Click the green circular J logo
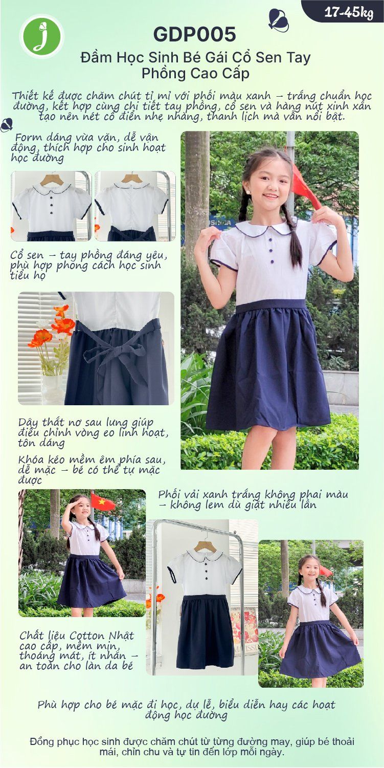point(42,36)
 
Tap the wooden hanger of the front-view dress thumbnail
point(51,180)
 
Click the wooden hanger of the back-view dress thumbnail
point(132,179)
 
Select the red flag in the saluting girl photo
point(102,502)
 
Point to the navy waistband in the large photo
point(270,305)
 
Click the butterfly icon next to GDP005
point(279,20)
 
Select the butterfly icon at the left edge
point(7,125)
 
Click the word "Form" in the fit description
point(29,138)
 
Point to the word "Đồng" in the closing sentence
point(42,741)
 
